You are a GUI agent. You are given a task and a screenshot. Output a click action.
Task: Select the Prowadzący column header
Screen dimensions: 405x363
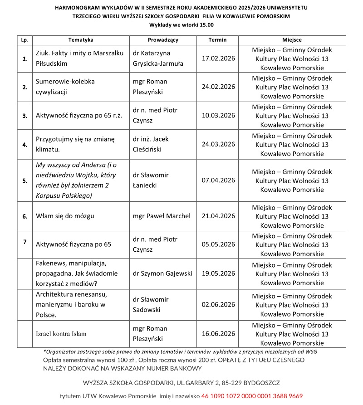point(163,40)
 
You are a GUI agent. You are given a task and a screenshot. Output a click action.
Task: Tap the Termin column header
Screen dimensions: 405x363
point(217,40)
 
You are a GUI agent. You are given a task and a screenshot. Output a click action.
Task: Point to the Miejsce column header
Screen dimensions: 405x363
point(292,40)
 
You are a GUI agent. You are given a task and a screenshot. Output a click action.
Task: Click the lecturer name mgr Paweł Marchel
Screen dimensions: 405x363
point(162,215)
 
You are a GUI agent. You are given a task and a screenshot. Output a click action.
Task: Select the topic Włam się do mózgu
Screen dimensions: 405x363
point(64,215)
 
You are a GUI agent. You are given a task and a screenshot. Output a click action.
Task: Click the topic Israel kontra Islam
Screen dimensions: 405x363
point(61,333)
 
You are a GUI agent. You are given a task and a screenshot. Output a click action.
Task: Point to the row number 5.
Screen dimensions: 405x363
point(25,180)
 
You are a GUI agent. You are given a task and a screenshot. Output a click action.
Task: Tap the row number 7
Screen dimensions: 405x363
point(25,241)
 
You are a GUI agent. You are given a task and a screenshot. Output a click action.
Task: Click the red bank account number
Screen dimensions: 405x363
point(252,396)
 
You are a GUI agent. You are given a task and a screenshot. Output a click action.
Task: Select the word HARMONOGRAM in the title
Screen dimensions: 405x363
point(79,8)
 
